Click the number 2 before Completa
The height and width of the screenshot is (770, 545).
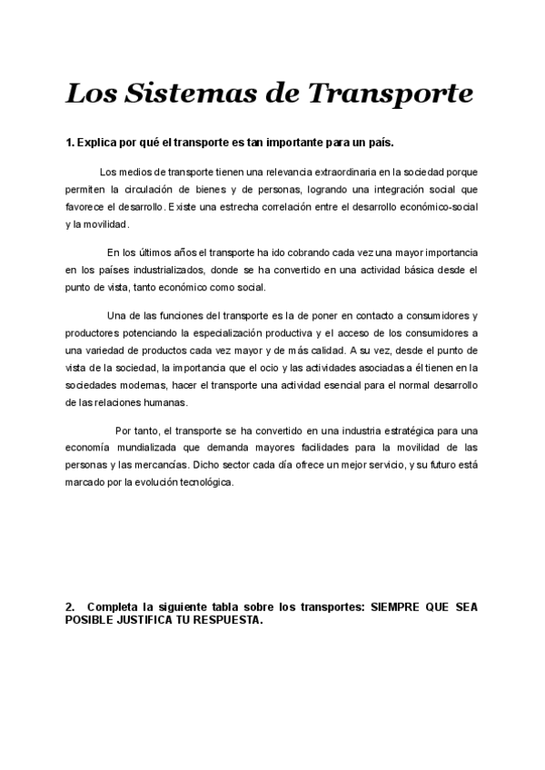(x=70, y=607)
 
